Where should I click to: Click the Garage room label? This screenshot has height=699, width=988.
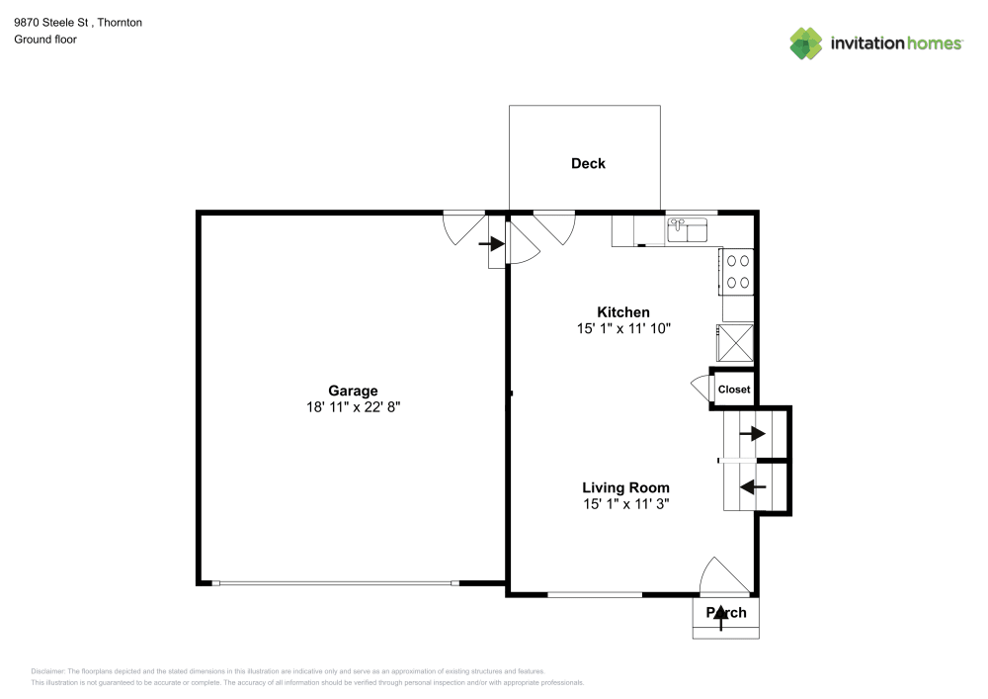353,391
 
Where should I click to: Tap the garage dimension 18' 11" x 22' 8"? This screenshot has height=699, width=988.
353,406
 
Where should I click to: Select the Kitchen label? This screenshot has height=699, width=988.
623,311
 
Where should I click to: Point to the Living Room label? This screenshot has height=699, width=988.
625,487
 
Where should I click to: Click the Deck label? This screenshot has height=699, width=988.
588,163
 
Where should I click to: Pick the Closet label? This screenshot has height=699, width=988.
734,390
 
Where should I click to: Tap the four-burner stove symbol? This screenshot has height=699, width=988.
738,272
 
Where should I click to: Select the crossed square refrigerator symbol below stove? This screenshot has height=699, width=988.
738,342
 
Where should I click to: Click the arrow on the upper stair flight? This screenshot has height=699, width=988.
754,433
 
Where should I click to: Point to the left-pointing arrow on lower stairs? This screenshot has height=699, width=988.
754,486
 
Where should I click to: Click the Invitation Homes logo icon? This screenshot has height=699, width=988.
806,43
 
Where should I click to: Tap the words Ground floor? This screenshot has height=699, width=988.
45,40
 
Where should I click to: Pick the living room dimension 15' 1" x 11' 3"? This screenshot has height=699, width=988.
625,503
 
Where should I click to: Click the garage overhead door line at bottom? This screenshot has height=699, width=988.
336,583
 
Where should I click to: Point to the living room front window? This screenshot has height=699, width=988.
595,594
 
